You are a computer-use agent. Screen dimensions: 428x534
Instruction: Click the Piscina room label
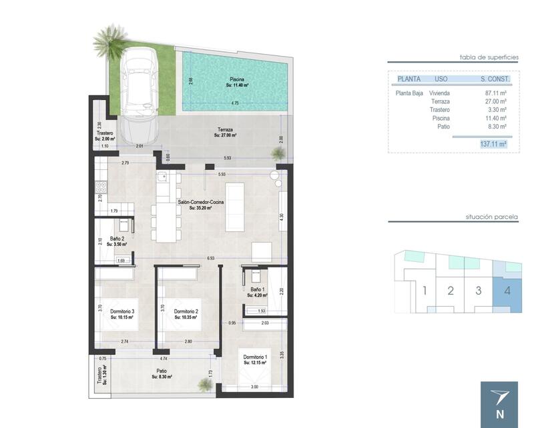coord(237,79)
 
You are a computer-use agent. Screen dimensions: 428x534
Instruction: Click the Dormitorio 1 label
coord(255,357)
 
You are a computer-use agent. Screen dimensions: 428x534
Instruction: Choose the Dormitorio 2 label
coord(187,311)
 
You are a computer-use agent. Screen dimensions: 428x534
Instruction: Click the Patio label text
coord(162,371)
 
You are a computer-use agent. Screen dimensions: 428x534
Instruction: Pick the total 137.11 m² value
coord(493,143)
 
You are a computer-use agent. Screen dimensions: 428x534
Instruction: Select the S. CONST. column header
coord(495,79)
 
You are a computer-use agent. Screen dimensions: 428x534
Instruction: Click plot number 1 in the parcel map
coord(424,290)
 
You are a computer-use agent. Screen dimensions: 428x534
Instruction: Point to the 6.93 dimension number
coord(211,257)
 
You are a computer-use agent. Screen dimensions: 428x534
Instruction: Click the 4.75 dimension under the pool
coord(234,103)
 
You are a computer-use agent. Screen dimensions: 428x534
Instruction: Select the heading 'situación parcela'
coord(493,217)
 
